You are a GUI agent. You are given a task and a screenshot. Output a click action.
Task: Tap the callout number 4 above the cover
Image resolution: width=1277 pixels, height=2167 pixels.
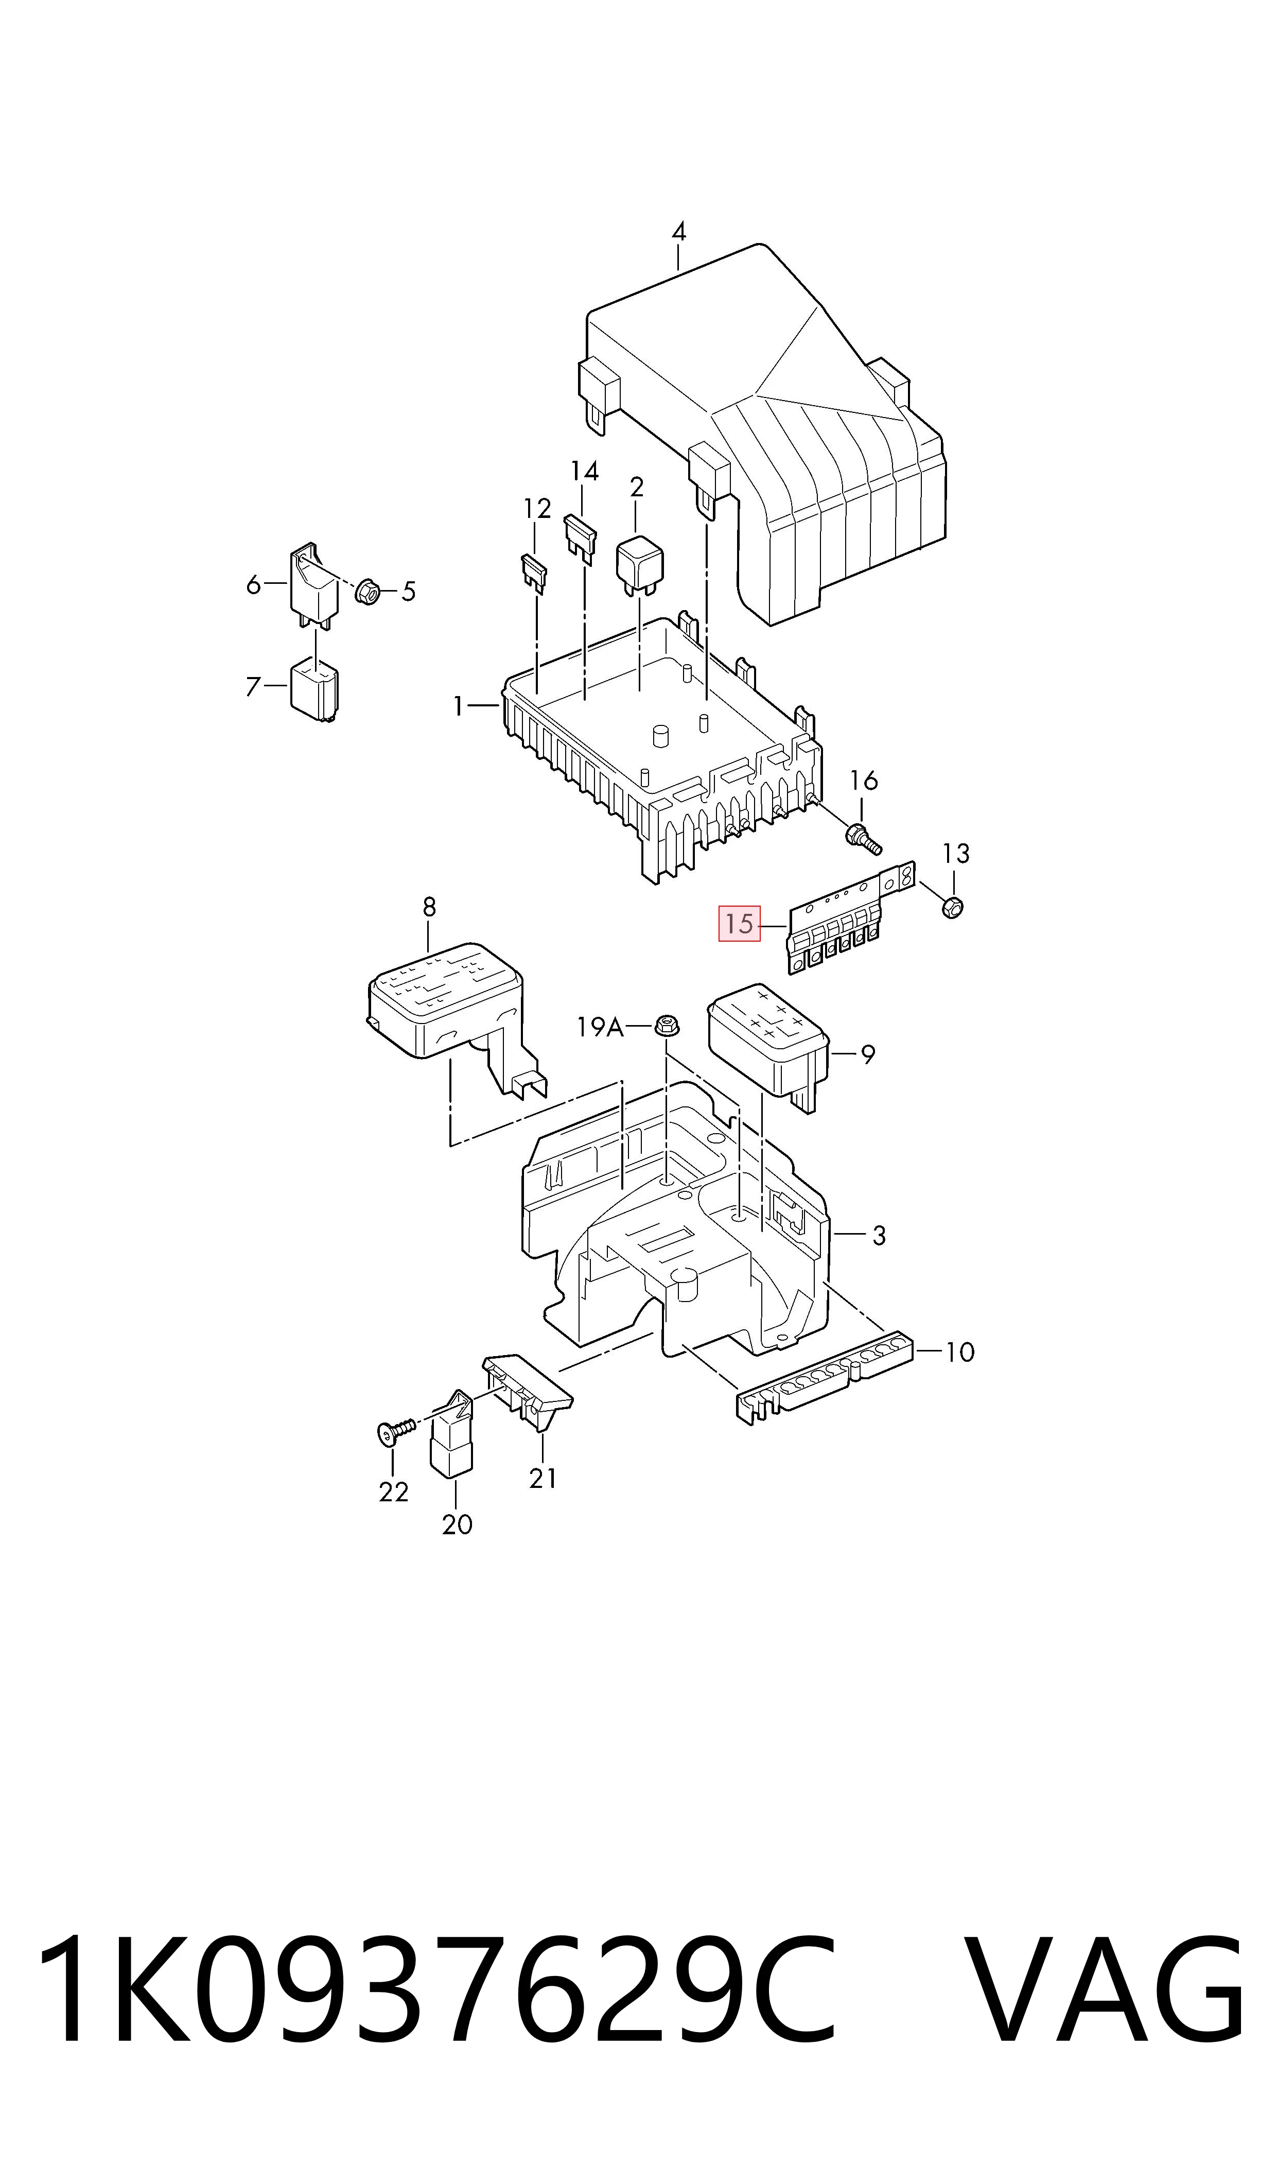click(679, 232)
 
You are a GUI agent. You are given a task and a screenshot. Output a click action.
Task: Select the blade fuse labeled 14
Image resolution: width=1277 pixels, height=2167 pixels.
click(580, 538)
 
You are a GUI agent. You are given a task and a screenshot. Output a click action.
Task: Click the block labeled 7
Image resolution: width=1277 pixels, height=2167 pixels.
click(314, 688)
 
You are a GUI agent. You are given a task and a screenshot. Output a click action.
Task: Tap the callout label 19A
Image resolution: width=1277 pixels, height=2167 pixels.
click(600, 1026)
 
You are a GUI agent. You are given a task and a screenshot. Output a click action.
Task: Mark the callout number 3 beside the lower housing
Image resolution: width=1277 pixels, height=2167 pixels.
click(879, 1236)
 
